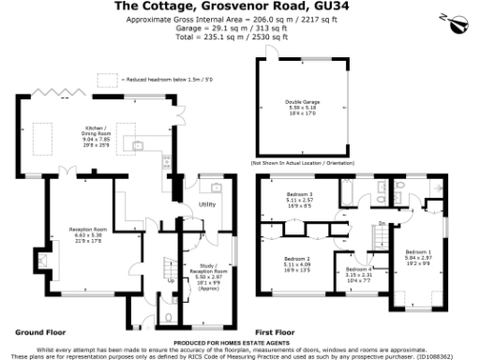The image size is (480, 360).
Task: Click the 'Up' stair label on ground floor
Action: (170, 279)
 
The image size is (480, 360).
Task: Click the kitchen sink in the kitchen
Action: (136, 145)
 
